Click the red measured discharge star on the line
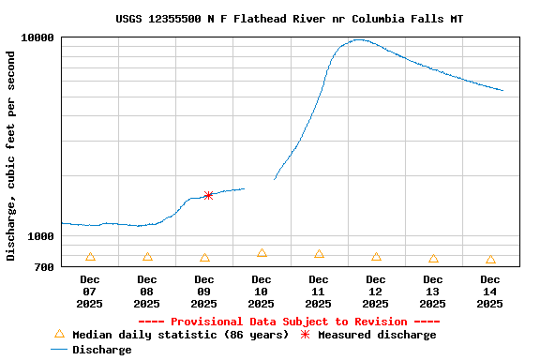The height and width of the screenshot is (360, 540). point(208,195)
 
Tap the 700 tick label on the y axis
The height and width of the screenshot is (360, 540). point(44,267)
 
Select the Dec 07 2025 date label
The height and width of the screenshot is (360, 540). point(90,292)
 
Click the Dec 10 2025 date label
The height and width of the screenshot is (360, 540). point(262,292)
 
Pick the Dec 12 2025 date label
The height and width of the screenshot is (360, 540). point(376,292)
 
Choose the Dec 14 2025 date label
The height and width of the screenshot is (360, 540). point(490,292)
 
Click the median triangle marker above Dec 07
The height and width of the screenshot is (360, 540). point(90,257)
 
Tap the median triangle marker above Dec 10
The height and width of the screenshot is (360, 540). point(262,253)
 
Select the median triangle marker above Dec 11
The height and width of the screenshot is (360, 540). point(319,254)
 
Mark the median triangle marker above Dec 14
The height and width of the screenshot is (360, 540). point(490,260)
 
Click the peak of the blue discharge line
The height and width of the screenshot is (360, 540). point(358,39)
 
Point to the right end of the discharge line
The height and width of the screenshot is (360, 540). point(503,91)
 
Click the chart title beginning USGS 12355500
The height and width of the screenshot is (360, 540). point(289,19)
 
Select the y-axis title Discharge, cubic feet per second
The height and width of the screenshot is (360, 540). point(11,156)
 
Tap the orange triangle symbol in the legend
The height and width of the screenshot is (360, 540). point(59,334)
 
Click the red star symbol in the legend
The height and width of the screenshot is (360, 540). point(305,334)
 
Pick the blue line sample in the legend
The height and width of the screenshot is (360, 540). point(59,350)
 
